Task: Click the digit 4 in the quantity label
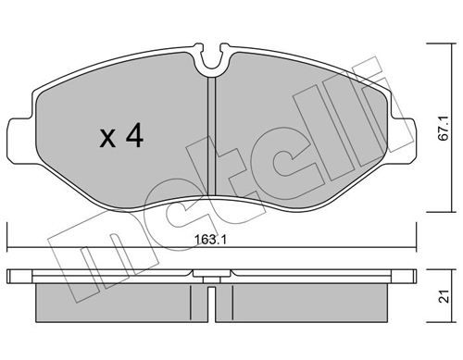(134, 138)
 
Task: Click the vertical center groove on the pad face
(214, 139)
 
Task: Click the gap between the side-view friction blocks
(214, 301)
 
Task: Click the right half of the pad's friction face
(306, 139)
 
